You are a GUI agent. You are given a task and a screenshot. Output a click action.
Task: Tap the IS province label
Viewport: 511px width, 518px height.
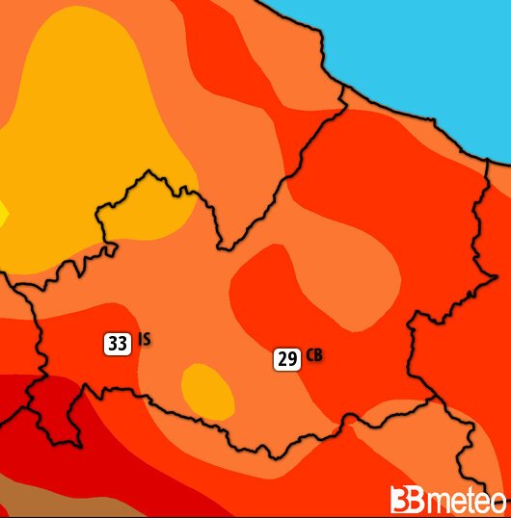(x=144, y=339)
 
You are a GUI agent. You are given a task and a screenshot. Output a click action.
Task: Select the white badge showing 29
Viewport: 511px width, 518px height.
(x=287, y=360)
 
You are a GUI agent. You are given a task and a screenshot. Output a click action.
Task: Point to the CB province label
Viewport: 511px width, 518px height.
(x=314, y=356)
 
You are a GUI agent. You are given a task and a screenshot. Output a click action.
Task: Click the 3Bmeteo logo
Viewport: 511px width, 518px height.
(x=447, y=500)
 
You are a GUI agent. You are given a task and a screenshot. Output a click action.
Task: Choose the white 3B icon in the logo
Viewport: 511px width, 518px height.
(x=404, y=500)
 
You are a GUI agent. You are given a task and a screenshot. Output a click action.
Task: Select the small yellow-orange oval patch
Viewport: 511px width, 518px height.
(x=207, y=389)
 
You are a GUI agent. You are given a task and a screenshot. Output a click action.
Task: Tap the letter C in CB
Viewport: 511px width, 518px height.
(x=309, y=356)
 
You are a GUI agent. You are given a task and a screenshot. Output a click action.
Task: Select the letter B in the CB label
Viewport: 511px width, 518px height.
(x=318, y=356)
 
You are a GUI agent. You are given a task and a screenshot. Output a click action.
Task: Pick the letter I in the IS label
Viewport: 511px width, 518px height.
(x=140, y=339)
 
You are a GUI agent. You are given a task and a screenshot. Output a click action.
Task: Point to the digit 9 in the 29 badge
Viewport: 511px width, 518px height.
(x=292, y=360)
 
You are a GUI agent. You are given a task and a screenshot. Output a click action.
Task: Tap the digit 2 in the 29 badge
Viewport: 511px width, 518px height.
(x=282, y=360)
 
